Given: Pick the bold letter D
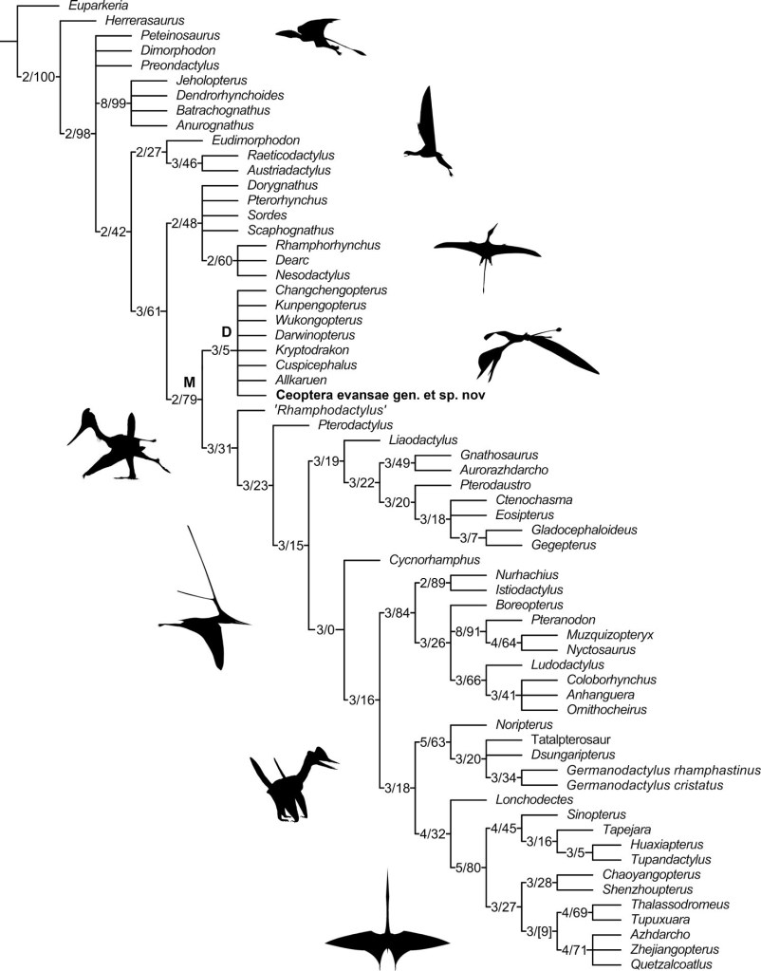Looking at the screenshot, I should click(227, 331).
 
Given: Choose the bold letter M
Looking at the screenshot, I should click(188, 382).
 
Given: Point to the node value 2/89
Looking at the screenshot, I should click(432, 582).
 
